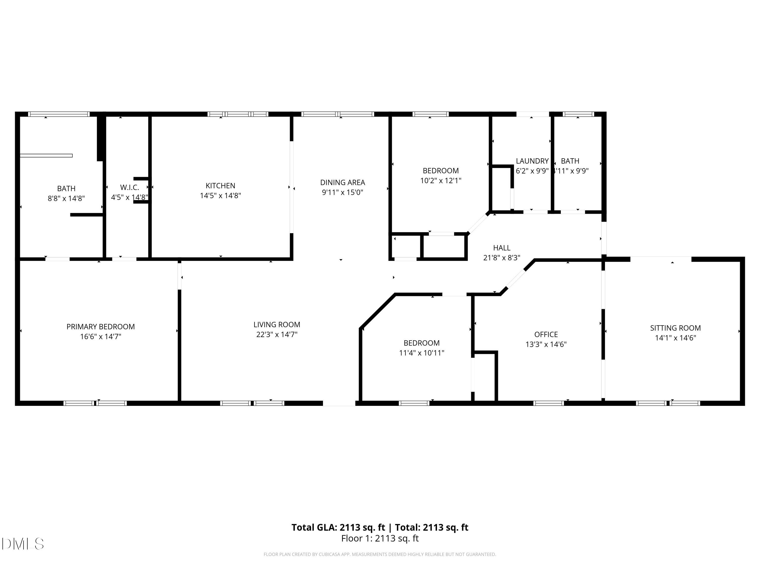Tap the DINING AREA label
343,182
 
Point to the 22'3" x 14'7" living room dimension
277,335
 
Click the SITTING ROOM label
675,328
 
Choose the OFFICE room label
546,334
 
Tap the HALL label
502,248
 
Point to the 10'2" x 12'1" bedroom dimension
441,181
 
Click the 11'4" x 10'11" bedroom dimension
421,353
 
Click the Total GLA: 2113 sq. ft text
338,527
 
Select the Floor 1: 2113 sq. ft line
380,538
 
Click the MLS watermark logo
23,544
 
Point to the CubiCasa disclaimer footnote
380,554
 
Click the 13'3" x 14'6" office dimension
546,344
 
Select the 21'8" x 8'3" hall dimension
502,258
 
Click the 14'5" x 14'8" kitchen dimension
220,196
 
